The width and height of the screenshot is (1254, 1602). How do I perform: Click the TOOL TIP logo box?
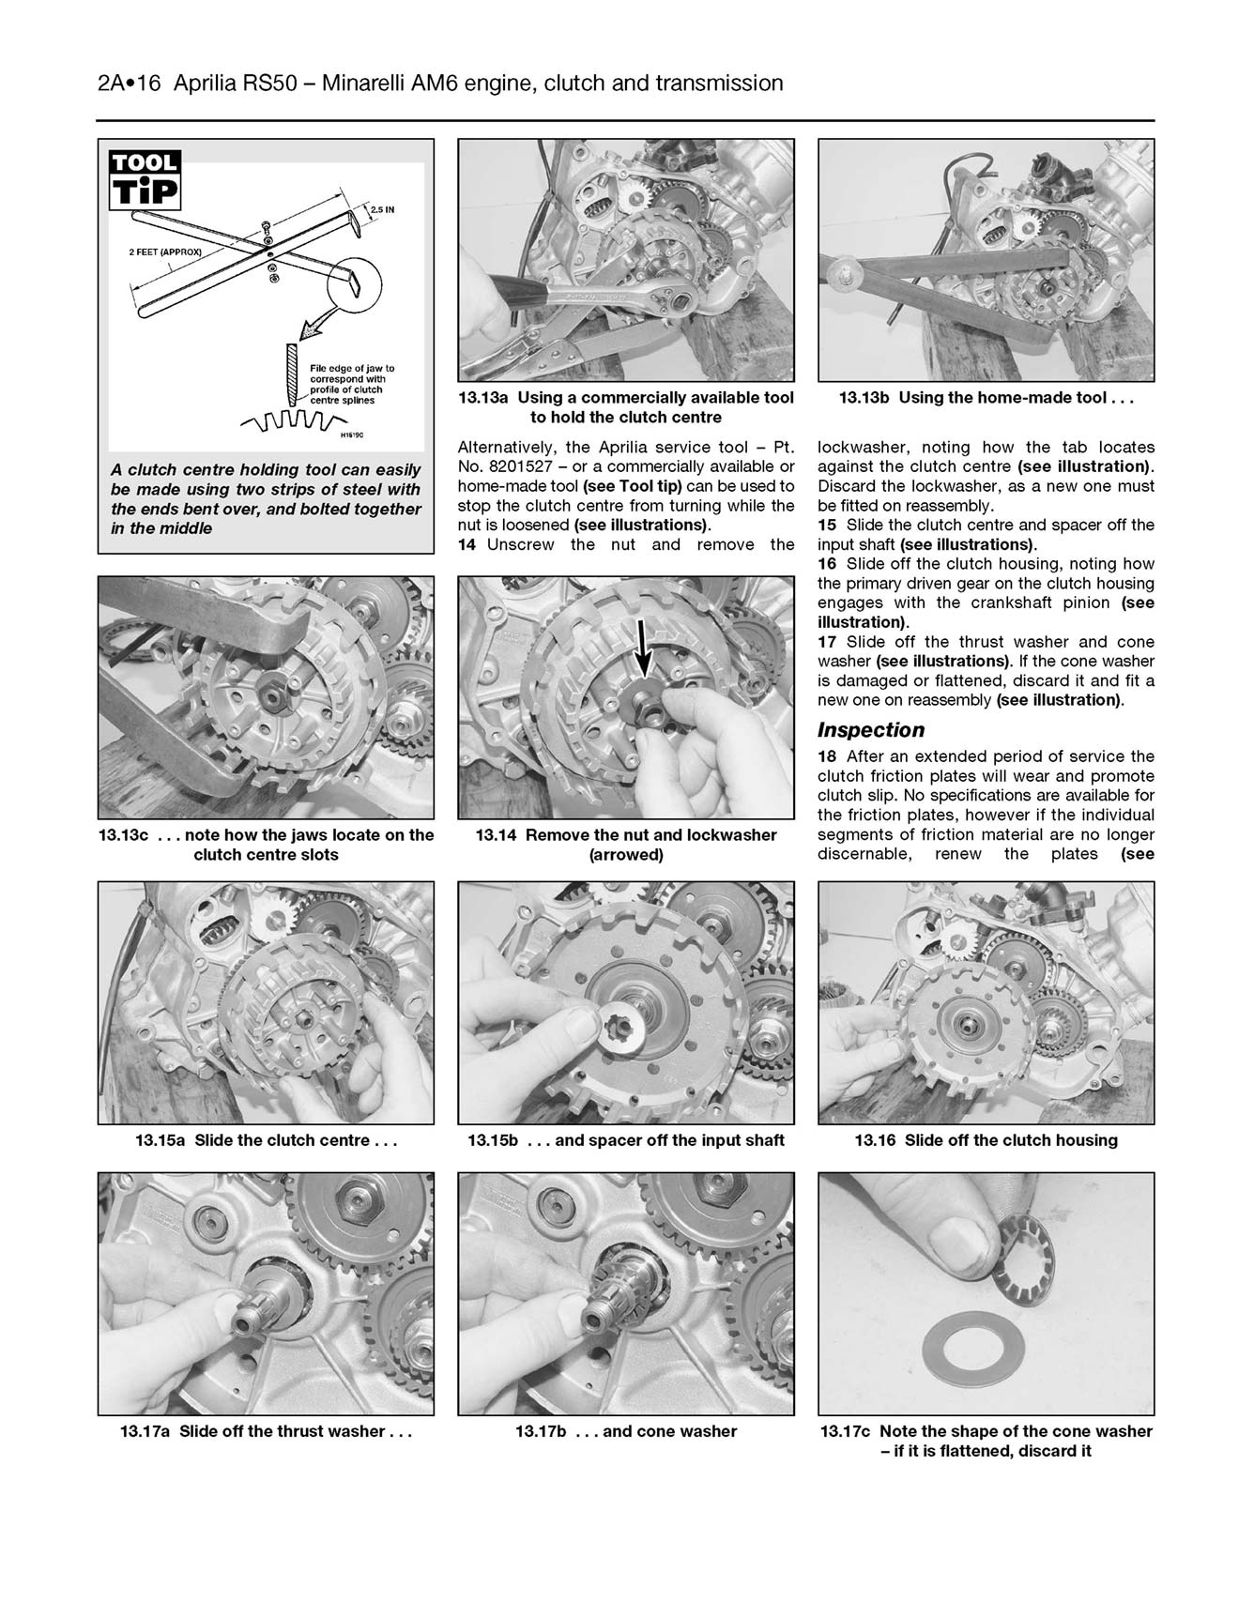point(145,179)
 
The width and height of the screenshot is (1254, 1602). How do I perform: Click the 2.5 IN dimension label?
point(381,210)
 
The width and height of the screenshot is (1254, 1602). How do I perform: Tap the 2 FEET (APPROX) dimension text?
point(165,252)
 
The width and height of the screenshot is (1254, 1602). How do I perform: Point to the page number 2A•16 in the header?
point(129,84)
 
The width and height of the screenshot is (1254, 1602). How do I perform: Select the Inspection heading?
point(870,730)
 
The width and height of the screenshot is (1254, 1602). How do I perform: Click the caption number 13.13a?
point(484,398)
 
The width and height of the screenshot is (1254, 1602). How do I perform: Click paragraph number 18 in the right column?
point(827,756)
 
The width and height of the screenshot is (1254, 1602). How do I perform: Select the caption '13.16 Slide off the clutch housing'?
point(986,1140)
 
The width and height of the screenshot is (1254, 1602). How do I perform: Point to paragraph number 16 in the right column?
point(827,564)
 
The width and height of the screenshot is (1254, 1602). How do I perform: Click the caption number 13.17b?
point(542,1431)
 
